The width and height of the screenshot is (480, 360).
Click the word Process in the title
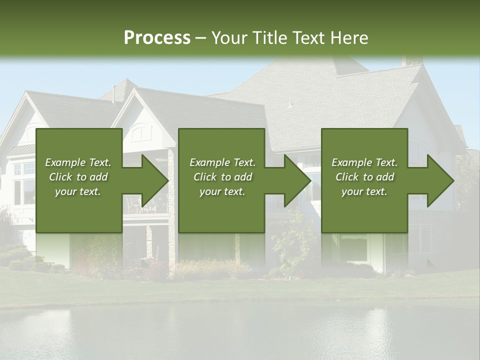[157, 38]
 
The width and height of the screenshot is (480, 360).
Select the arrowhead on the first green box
[152, 180]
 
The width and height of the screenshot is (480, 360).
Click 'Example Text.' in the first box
[78, 162]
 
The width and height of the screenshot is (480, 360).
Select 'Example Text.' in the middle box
[222, 162]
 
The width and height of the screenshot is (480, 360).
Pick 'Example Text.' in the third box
[364, 162]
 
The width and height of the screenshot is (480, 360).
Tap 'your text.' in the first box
[78, 191]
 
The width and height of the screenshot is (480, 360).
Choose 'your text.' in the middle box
[222, 191]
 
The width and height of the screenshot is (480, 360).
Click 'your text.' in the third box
[364, 191]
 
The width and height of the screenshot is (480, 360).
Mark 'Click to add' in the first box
[78, 177]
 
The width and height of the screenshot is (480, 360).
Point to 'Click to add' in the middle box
[222, 177]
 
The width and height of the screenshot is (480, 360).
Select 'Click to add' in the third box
[364, 177]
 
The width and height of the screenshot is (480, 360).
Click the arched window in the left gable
[141, 132]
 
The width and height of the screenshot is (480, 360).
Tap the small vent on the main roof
[289, 104]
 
